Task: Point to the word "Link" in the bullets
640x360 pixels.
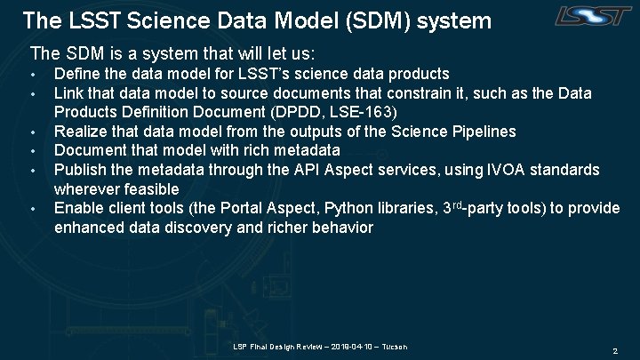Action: (x=69, y=92)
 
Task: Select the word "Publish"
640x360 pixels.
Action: (x=81, y=170)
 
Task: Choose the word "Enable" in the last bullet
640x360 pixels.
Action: (x=78, y=209)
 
